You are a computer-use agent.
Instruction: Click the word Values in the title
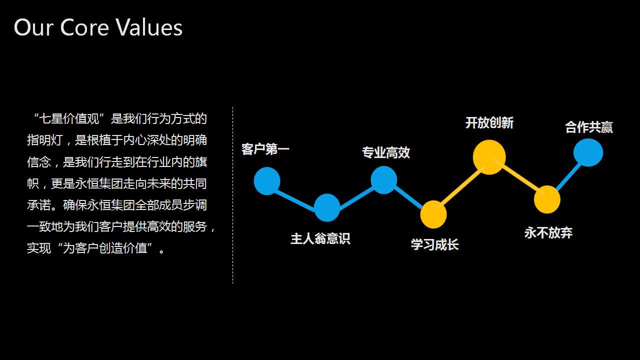coord(148,27)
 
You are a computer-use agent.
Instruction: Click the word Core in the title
coord(84,27)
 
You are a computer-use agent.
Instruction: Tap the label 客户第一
coord(265,149)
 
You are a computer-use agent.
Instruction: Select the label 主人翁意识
coord(320,238)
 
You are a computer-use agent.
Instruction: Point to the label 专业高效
coord(386,152)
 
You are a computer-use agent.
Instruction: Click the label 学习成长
coord(435,245)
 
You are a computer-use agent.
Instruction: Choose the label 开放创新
coord(489,122)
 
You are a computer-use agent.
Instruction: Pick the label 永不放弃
coord(548,232)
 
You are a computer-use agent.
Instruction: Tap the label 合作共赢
coord(589,127)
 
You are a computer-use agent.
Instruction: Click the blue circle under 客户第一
coord(267,181)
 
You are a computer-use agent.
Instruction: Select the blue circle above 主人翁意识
coord(327,207)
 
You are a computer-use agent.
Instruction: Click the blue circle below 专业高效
coord(383,180)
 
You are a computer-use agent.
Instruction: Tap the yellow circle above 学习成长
coord(433,214)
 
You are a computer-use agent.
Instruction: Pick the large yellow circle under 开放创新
coord(489,157)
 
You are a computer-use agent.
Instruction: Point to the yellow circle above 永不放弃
coord(547,199)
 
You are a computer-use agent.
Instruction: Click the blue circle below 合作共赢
coord(588,152)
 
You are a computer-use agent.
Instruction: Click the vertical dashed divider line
coord(233,195)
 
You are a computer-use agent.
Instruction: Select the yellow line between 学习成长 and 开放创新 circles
coord(460,186)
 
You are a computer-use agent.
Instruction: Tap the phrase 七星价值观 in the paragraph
coord(69,118)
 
